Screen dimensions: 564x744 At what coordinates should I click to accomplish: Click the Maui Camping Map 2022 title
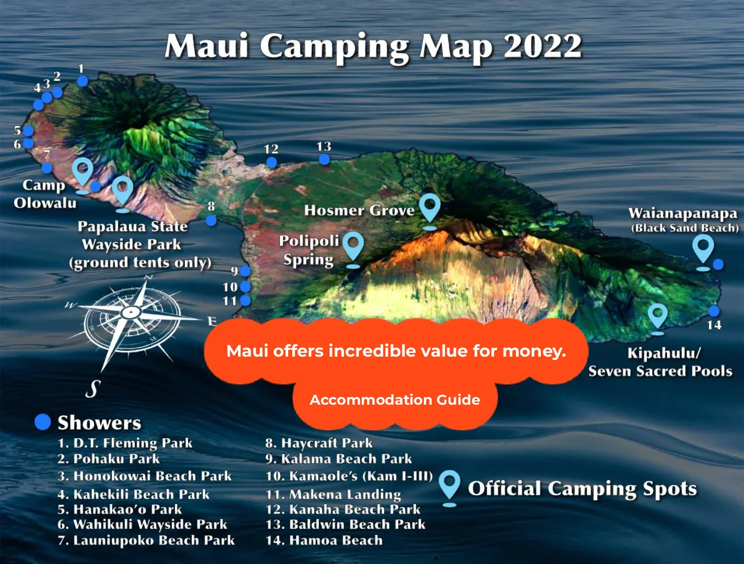(x=373, y=46)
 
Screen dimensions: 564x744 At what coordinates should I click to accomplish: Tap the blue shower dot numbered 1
(x=82, y=80)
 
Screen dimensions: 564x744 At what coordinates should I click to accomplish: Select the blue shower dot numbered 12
(x=271, y=162)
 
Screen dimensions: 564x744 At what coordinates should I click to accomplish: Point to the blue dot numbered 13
(x=324, y=160)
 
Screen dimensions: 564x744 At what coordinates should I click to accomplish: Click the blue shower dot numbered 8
(x=211, y=220)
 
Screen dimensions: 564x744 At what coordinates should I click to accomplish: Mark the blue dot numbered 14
(x=714, y=311)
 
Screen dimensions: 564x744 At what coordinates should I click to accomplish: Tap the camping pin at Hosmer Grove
(x=430, y=207)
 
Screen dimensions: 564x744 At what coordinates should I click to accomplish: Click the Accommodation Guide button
(x=395, y=400)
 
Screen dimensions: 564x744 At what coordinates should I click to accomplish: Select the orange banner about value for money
(x=396, y=351)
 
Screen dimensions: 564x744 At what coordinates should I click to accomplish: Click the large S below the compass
(x=93, y=389)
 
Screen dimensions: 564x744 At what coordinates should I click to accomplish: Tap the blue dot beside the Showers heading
(x=43, y=422)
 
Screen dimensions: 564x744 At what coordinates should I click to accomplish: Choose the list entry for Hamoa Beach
(x=324, y=540)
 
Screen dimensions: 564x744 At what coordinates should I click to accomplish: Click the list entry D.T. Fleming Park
(x=125, y=443)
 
